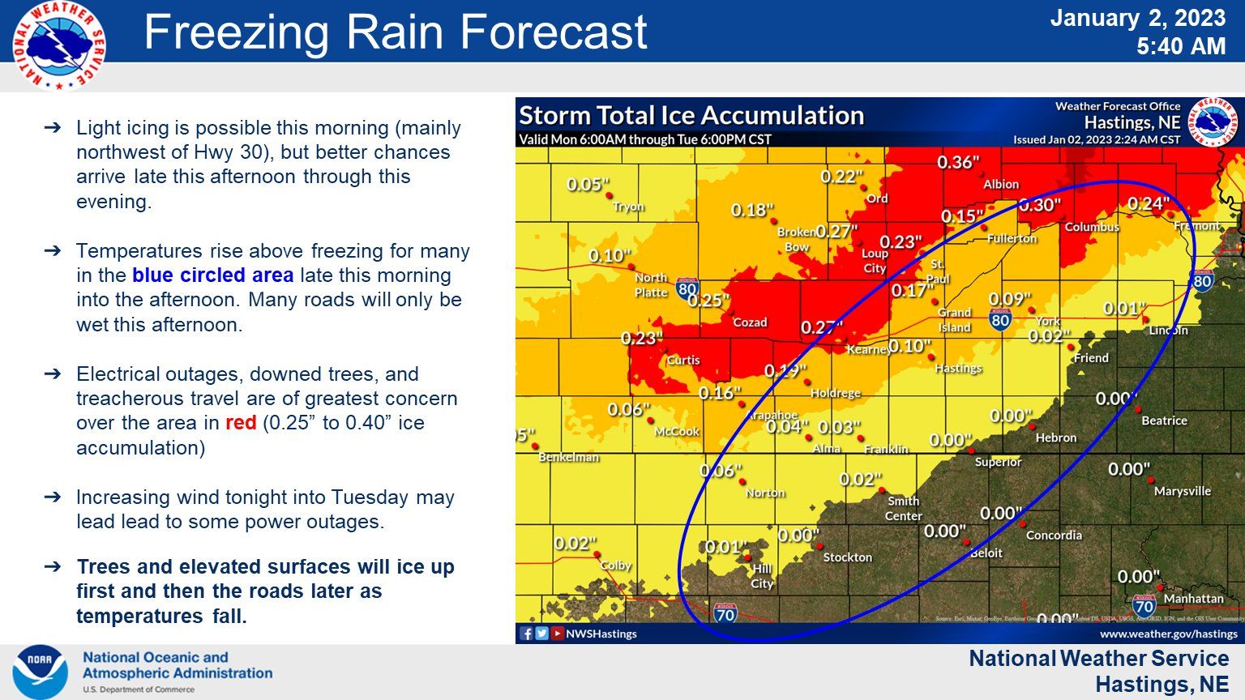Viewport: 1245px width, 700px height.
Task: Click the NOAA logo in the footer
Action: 40,672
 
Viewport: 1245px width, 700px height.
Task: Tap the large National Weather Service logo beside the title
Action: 59,45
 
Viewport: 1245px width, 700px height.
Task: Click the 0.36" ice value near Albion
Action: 958,163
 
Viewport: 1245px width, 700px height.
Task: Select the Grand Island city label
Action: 954,320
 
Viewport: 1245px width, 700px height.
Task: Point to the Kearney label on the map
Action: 867,349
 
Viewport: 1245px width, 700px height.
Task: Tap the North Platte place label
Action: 651,284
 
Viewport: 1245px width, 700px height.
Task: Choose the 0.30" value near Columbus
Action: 1039,205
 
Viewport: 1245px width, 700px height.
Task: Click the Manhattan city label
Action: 1193,599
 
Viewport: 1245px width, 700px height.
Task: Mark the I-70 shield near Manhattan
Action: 1144,604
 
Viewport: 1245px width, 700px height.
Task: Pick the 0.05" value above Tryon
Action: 588,185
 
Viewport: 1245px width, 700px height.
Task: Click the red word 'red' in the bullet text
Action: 241,423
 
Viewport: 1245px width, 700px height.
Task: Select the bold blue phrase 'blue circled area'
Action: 212,275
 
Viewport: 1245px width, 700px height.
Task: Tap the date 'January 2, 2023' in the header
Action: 1137,19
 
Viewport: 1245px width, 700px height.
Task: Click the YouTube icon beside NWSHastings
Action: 557,634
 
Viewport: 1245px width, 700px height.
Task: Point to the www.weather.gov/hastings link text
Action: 1168,634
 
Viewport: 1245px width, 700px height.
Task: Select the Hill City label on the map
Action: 762,576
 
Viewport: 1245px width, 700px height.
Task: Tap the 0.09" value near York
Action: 1009,300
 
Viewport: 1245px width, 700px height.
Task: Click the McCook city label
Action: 677,432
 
